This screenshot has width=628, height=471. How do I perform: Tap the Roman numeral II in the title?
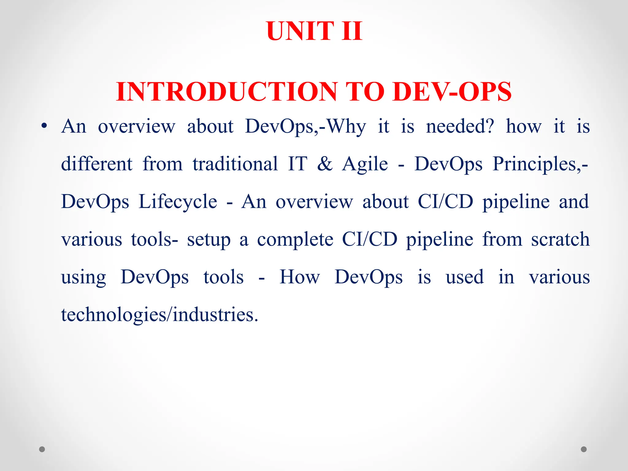(352, 31)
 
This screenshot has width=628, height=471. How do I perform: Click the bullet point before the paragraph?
(44, 126)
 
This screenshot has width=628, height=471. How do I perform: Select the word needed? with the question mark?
(460, 126)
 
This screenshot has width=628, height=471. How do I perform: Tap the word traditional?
(235, 164)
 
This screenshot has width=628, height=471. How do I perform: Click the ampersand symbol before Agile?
(325, 164)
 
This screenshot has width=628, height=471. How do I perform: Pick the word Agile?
(365, 164)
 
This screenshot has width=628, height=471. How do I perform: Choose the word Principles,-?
(540, 164)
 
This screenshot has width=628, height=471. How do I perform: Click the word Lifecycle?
(178, 202)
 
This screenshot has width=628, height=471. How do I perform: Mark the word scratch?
(560, 239)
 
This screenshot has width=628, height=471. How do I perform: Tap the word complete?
(295, 240)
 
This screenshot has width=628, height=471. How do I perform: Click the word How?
(300, 277)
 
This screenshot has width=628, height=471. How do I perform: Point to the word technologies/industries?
(159, 315)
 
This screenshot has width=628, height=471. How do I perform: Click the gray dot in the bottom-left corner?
(42, 449)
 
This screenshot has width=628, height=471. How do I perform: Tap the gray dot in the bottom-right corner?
(584, 449)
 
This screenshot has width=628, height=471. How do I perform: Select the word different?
(97, 164)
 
